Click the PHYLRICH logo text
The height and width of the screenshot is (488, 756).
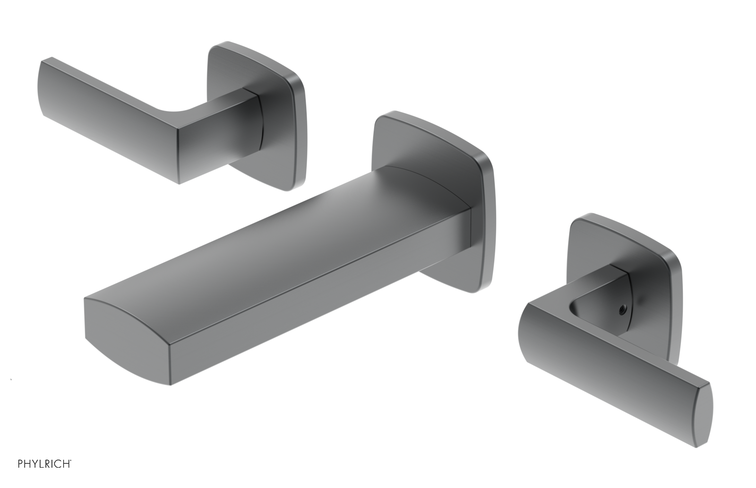point(44,464)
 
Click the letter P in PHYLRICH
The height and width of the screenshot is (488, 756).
point(21,464)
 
